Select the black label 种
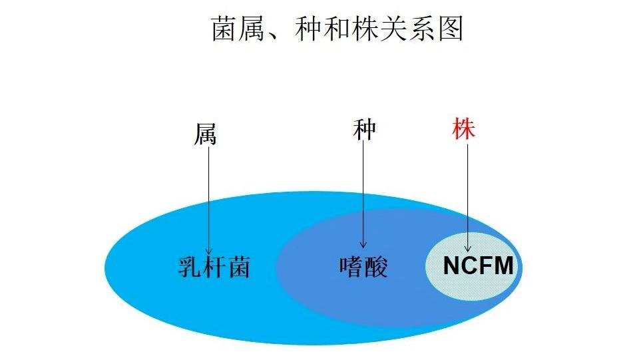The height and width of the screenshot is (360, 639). (364, 130)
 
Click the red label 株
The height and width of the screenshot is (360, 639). (463, 129)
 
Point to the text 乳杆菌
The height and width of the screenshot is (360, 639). (214, 267)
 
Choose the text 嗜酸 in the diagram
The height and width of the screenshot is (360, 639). (363, 267)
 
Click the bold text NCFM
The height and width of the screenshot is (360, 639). (479, 266)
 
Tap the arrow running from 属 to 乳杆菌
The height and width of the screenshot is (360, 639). (208, 200)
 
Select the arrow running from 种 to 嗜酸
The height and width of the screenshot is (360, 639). (363, 193)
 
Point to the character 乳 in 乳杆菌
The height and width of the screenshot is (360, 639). (190, 267)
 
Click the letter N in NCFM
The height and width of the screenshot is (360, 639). (452, 266)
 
